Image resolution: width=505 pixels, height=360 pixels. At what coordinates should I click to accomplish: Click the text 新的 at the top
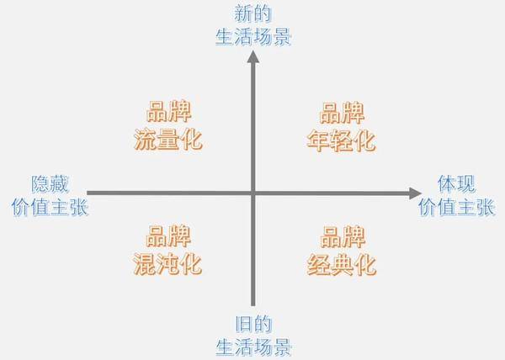coord(253,13)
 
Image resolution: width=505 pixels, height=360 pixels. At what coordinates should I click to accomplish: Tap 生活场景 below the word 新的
coord(253,36)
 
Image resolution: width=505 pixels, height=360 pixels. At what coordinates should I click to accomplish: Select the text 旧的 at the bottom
coord(254,324)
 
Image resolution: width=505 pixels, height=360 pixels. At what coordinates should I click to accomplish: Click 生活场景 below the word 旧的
coord(254,347)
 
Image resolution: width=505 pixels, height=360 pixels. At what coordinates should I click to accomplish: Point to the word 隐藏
coord(50,184)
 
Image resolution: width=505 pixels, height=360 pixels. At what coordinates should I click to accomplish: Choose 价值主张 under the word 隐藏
coord(50,207)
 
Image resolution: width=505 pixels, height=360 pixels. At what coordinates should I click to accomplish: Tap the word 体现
coord(456,183)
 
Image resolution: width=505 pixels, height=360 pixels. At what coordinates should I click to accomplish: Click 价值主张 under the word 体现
coord(456,207)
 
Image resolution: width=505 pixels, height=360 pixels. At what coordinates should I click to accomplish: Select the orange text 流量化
coord(168,140)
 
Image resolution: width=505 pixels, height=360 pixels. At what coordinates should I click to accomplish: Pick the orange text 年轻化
coord(342,140)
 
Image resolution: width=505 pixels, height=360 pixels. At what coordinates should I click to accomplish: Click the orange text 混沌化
coord(167,264)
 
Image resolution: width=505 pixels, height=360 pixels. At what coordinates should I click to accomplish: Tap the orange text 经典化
coord(342,265)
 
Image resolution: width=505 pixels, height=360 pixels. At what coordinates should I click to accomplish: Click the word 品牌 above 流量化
coord(169,111)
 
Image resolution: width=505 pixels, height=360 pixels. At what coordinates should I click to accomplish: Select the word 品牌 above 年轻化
coord(342,113)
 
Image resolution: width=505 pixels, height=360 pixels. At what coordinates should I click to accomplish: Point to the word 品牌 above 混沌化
coord(168,236)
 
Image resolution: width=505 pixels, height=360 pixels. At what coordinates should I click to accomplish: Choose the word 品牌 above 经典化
coord(343,236)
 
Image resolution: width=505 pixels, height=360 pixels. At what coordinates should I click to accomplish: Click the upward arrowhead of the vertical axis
coord(253,56)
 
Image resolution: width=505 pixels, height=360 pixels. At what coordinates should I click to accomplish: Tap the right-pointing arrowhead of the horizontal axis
coord(416,193)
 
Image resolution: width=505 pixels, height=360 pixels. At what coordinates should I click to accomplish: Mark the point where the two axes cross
coord(253,193)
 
